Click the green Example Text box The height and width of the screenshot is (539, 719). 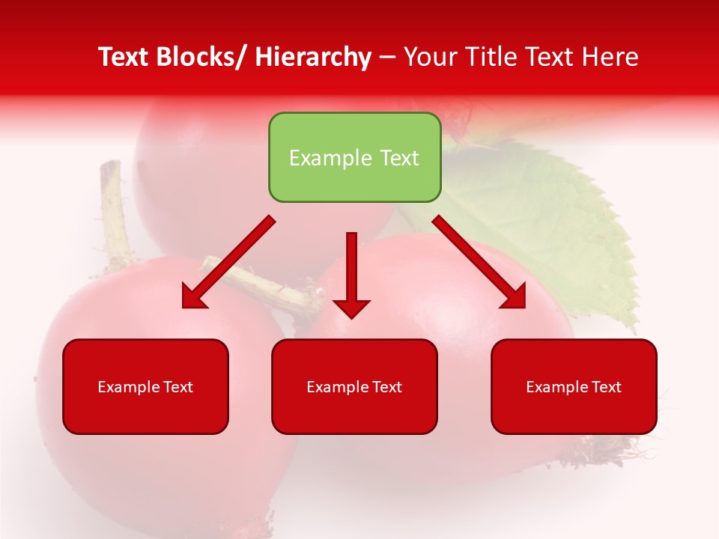coord(354,157)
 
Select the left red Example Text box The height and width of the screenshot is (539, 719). coord(145,386)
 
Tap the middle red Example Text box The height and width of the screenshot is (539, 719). coord(354,386)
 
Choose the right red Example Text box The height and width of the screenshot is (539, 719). coord(574,386)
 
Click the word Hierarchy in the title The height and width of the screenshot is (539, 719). coord(313,57)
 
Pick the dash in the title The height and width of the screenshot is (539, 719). coord(386,57)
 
